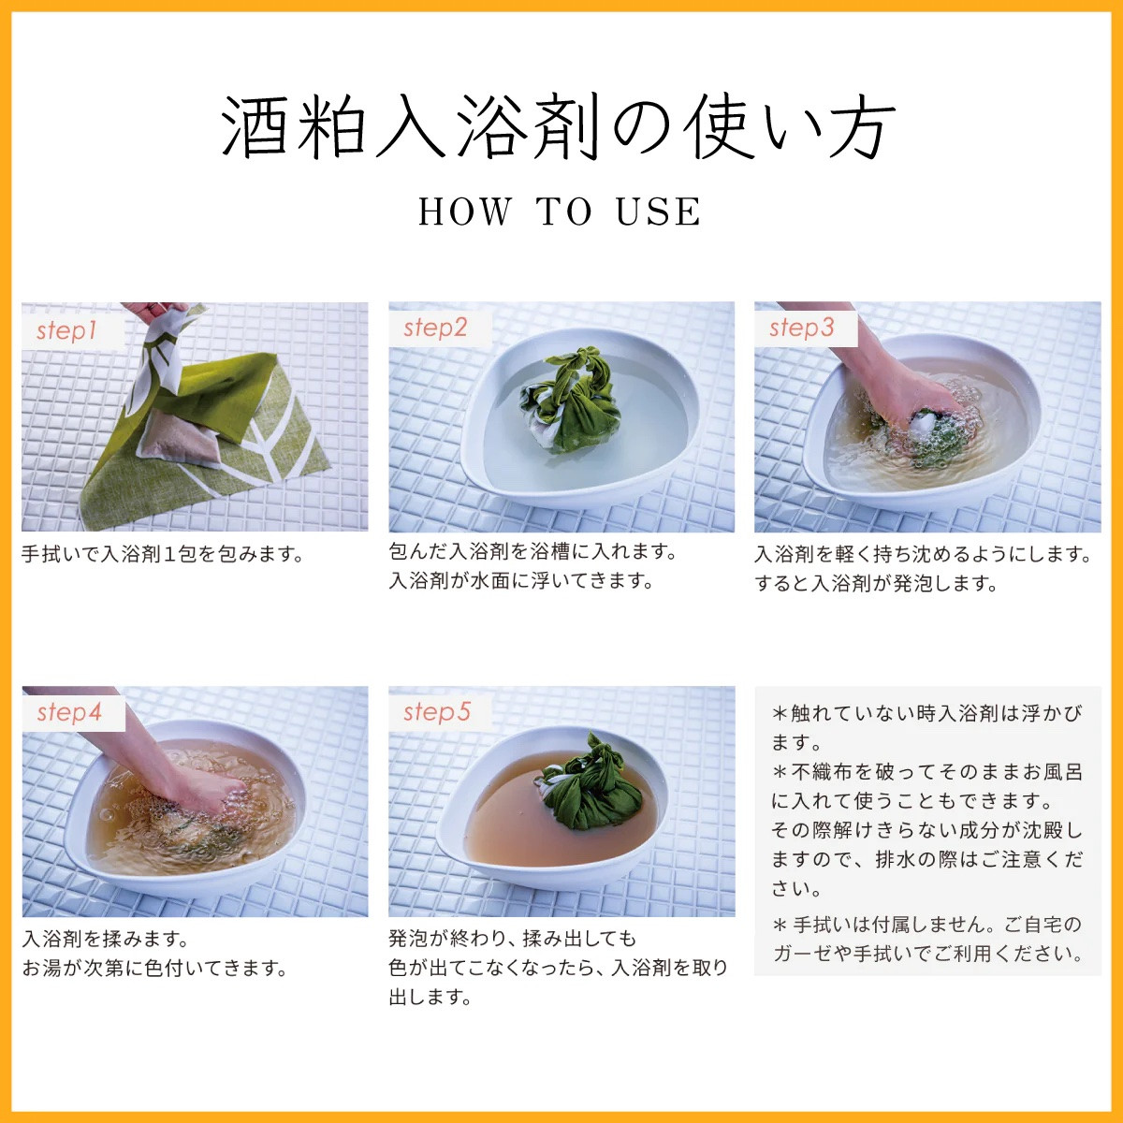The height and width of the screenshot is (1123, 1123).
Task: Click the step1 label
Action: pos(66,331)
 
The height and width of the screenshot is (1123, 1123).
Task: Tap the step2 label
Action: pos(435,328)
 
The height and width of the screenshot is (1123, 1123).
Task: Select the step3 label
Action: pos(801,328)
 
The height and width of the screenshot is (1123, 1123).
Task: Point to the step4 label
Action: pos(68,712)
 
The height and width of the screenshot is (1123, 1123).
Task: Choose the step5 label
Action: pos(436,711)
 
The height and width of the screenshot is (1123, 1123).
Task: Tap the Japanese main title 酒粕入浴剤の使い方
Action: pos(559,126)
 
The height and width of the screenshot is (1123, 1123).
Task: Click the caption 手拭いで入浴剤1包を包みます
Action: pos(163,554)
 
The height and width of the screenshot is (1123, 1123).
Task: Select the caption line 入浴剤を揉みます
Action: pos(106,939)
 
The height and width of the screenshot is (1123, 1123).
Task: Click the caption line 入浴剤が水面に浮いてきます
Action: pos(520,580)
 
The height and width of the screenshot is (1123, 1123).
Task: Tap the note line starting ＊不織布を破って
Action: pos(927,771)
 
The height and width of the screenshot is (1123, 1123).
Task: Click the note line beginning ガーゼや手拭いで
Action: pos(928,954)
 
